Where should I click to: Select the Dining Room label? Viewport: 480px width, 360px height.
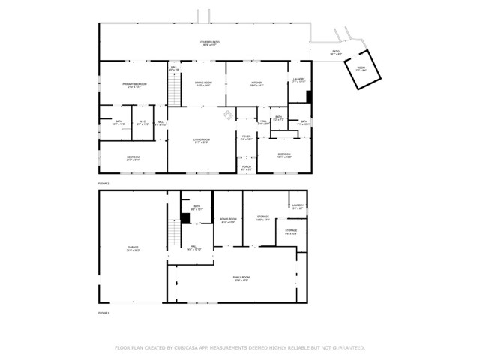tap(204, 84)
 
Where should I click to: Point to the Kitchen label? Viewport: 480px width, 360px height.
tap(256, 84)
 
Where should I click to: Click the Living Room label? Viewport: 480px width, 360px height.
tap(201, 140)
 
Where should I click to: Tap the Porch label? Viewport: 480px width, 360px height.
tap(246, 169)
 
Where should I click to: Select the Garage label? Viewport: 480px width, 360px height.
tap(133, 247)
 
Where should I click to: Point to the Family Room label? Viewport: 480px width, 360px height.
tap(240, 278)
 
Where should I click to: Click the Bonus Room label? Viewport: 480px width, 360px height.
tap(227, 220)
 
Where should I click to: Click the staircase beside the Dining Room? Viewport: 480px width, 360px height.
tap(175, 91)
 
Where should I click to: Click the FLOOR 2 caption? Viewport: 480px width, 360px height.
tap(103, 183)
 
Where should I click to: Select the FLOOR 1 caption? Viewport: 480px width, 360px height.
tap(103, 312)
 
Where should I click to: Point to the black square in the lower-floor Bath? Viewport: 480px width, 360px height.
tap(184, 218)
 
